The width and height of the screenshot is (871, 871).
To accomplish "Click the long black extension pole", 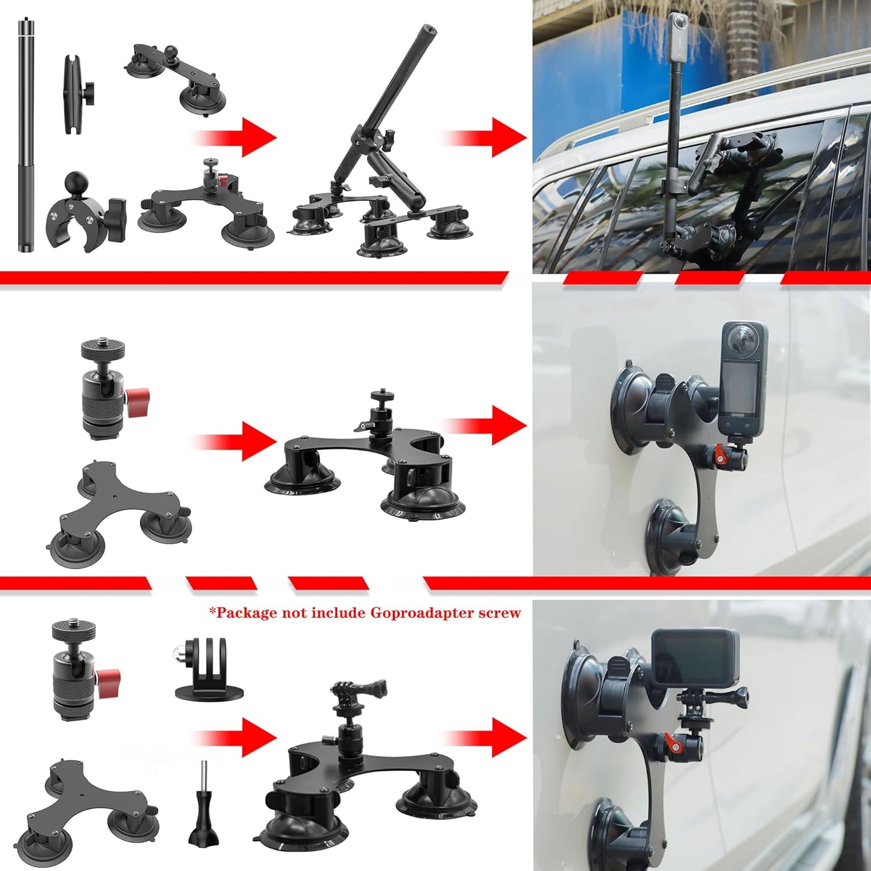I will [26, 136].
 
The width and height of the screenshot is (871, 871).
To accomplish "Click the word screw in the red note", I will [499, 613].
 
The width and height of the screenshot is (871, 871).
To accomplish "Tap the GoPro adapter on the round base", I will [209, 669].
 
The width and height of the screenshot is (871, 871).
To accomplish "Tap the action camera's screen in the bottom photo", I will [693, 658].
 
